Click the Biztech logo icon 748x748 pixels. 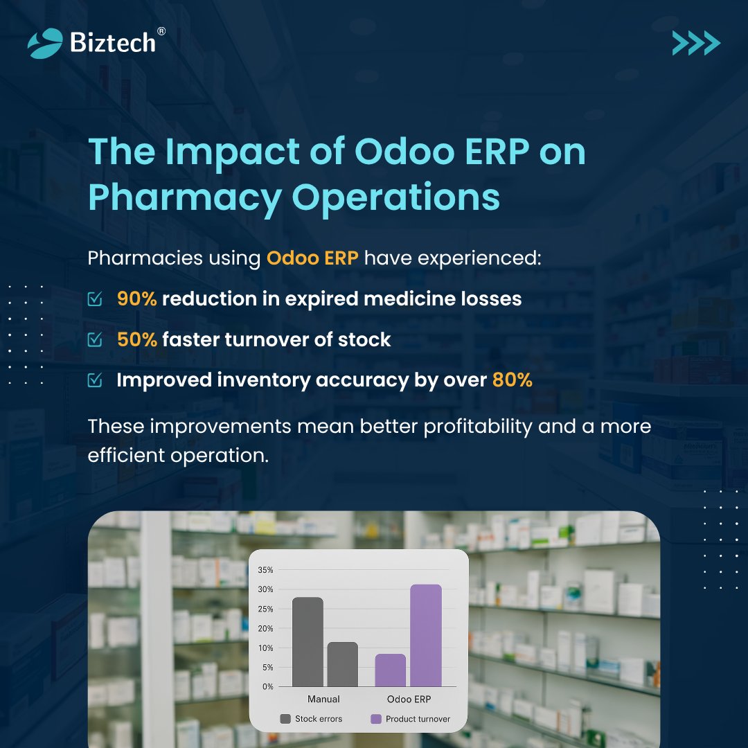[x=45, y=43]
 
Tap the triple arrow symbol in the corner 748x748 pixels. [x=696, y=44]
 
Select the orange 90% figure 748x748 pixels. [x=137, y=299]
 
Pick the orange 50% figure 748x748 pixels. [x=137, y=340]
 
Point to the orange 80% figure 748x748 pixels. [x=512, y=380]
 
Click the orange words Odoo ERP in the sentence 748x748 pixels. [x=312, y=259]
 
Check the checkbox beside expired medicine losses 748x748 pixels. [x=95, y=299]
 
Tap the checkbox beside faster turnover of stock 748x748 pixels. [x=95, y=340]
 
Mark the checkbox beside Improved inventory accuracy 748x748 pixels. [x=95, y=380]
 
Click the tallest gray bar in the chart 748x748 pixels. [x=308, y=641]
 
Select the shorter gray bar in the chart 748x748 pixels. [x=342, y=664]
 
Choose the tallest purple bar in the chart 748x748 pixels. [x=425, y=635]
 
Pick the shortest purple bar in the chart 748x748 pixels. [x=391, y=670]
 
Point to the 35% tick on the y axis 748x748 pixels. [x=266, y=570]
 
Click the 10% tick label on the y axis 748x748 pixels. [x=266, y=648]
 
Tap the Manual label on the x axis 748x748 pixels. [x=323, y=699]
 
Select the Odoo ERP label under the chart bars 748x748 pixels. [x=409, y=699]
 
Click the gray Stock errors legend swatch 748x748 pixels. [x=285, y=719]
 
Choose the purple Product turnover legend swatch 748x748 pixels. [x=376, y=719]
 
